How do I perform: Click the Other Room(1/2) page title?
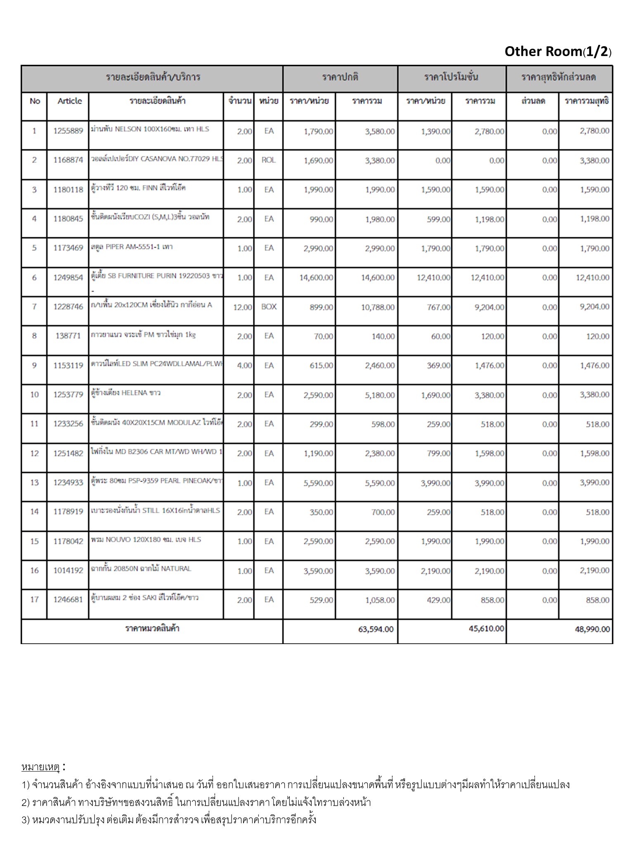point(558,52)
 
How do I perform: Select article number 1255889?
point(68,131)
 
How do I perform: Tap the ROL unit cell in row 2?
point(268,160)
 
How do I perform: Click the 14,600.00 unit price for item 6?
point(316,278)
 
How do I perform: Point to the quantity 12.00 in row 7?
point(242,307)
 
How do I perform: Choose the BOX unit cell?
point(269,307)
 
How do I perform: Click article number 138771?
point(68,336)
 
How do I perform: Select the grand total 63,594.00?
point(376,629)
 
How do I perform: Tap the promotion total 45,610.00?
point(486,629)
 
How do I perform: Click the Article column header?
point(69,101)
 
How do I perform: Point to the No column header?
point(35,101)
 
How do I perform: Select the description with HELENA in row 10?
point(125,393)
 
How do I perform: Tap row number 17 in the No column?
point(34,600)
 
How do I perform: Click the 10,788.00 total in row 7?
point(378,307)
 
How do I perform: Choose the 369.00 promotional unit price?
point(438,366)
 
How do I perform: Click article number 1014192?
point(68,571)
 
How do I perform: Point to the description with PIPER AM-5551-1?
point(132,247)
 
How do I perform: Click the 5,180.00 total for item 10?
point(380,395)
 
